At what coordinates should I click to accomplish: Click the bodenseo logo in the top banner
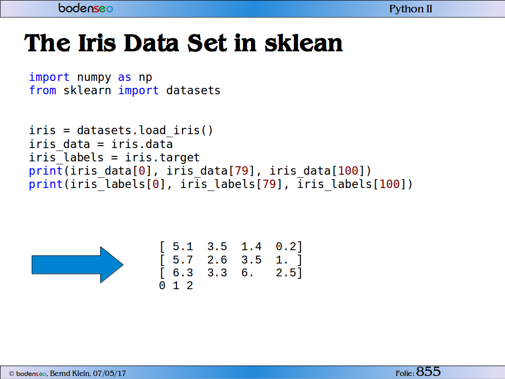point(86,8)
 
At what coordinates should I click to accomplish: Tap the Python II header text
point(411,9)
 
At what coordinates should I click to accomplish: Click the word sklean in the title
point(303,43)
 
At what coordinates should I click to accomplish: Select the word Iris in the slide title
point(97,43)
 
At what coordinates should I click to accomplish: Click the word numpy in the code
point(94,77)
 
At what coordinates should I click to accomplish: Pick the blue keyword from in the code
point(42,90)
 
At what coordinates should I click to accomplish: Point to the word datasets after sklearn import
point(193,91)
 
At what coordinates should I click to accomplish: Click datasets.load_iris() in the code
point(145,130)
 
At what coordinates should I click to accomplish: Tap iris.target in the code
point(162,157)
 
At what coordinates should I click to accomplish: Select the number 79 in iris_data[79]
point(242,170)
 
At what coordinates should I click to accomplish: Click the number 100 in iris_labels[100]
point(390,184)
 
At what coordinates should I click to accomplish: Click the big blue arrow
point(77,265)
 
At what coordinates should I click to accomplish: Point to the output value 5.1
point(182,247)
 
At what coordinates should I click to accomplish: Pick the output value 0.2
point(286,247)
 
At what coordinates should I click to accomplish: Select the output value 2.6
point(217,260)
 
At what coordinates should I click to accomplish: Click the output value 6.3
point(182,272)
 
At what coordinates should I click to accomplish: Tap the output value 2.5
point(286,272)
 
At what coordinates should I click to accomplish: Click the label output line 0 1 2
point(176,286)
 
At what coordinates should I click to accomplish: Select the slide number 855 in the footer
point(429,372)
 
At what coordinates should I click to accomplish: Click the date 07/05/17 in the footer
point(109,374)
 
